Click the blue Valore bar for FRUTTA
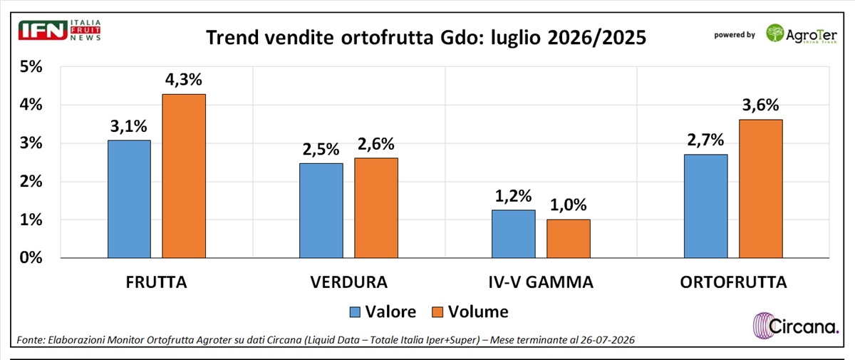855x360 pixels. pyautogui.click(x=129, y=199)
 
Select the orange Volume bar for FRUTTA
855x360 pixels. pyautogui.click(x=184, y=176)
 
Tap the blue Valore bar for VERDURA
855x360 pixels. pyautogui.click(x=321, y=210)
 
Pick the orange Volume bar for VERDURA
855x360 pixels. pyautogui.click(x=376, y=208)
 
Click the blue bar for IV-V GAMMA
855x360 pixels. pyautogui.click(x=514, y=234)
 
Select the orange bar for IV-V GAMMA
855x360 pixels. pyautogui.click(x=569, y=239)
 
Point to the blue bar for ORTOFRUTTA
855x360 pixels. pyautogui.click(x=706, y=206)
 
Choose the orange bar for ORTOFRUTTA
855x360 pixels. pyautogui.click(x=761, y=189)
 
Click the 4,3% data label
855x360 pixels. pyautogui.click(x=184, y=79)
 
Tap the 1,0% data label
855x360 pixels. pyautogui.click(x=568, y=205)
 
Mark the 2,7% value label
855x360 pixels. pyautogui.click(x=705, y=140)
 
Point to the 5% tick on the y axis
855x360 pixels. pyautogui.click(x=31, y=67)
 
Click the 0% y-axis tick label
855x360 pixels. pyautogui.click(x=31, y=257)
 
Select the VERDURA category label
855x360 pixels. pyautogui.click(x=349, y=282)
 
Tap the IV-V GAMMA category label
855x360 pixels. pyautogui.click(x=541, y=282)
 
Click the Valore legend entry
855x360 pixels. pyautogui.click(x=383, y=312)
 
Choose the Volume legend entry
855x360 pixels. pyautogui.click(x=470, y=312)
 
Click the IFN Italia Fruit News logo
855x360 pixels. pyautogui.click(x=60, y=30)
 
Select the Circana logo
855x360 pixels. pyautogui.click(x=795, y=326)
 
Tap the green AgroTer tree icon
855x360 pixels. pyautogui.click(x=775, y=33)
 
